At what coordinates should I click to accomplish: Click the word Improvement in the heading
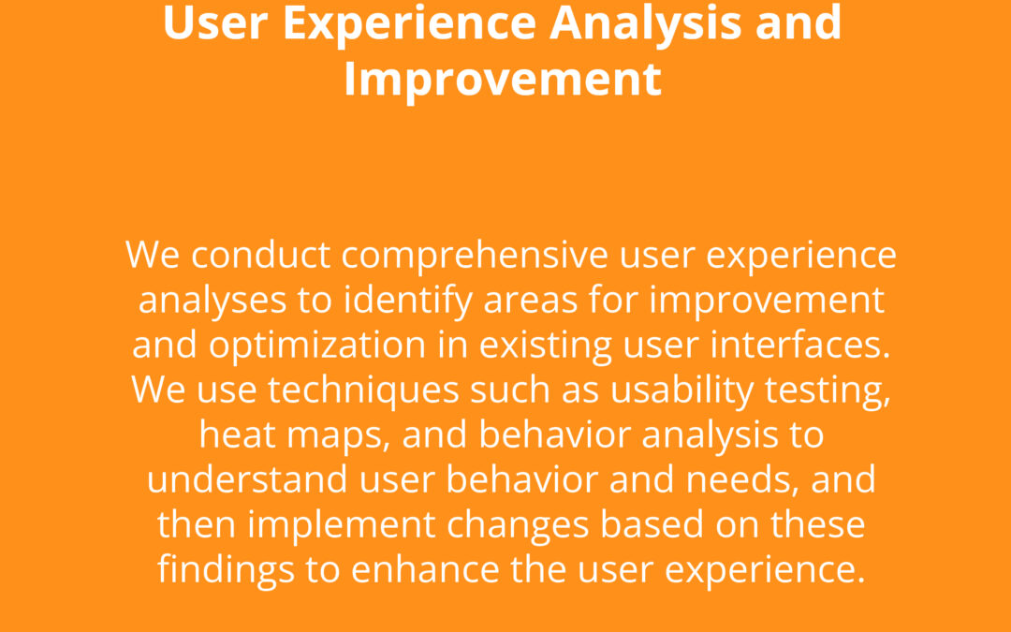(503, 80)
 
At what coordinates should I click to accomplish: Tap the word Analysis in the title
(646, 23)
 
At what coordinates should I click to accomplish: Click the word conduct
(261, 255)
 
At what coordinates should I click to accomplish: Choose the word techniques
(363, 391)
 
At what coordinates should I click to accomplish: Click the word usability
(682, 391)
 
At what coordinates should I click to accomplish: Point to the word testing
(828, 391)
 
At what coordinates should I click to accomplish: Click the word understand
(247, 479)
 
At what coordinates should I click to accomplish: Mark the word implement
(342, 526)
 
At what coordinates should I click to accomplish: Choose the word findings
(227, 571)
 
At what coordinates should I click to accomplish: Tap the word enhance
(425, 569)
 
